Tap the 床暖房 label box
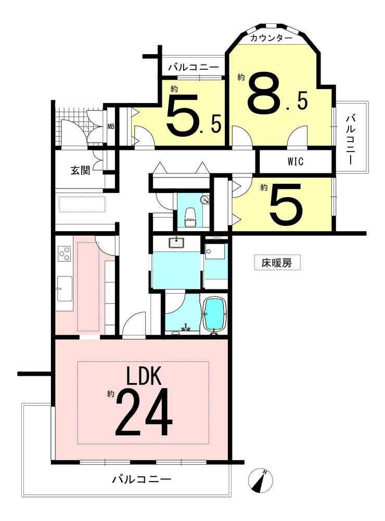tap(277, 263)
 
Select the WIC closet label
tap(296, 161)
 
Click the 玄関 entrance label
tap(81, 170)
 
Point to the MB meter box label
tap(111, 126)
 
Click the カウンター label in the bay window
tap(271, 38)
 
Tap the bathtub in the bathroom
tap(214, 314)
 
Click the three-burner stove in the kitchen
tap(64, 254)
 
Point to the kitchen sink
tap(65, 288)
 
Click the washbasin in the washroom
tap(176, 243)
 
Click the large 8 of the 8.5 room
tap(264, 93)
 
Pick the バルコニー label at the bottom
tap(142, 479)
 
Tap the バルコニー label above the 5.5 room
tap(194, 68)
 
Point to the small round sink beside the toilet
tap(205, 200)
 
